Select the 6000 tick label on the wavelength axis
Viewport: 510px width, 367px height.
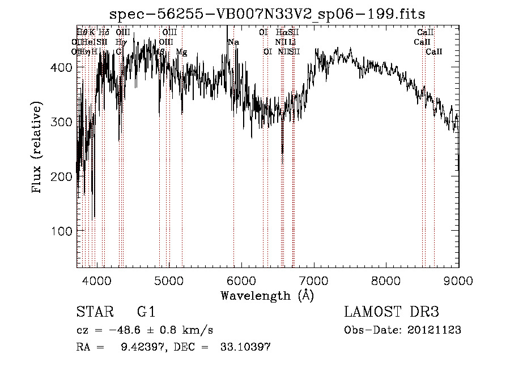[x=241, y=279]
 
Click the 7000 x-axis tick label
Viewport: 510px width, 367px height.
[x=314, y=279]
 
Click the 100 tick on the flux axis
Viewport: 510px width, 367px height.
[x=61, y=231]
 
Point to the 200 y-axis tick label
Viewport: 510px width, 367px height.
[x=61, y=176]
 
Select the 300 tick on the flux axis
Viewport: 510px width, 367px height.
[x=61, y=122]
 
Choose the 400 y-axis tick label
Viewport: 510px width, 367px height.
[x=61, y=67]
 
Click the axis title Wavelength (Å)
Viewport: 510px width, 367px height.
[x=267, y=295]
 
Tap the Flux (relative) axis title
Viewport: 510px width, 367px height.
[x=37, y=149]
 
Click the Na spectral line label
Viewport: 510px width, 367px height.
[x=233, y=42]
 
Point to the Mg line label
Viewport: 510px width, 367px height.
[x=181, y=52]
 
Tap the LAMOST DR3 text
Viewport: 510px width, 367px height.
[x=392, y=312]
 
